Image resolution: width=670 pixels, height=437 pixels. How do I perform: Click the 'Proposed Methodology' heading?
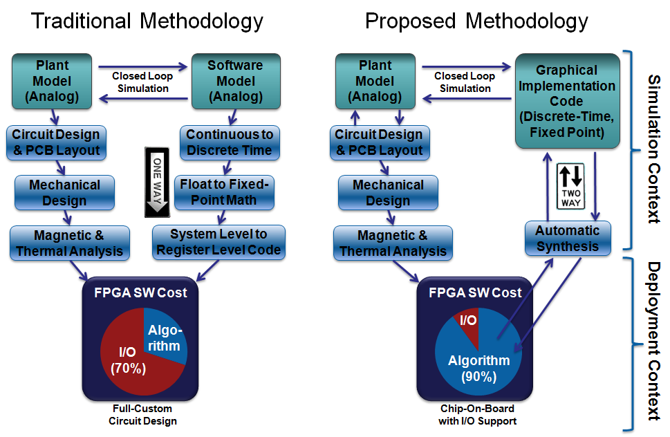point(476,21)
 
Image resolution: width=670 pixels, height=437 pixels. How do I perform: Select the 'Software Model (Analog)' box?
point(235,81)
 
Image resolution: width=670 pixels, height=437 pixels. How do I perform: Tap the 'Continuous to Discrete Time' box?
point(230,142)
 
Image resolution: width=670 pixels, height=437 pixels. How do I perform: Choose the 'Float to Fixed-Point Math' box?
point(223,192)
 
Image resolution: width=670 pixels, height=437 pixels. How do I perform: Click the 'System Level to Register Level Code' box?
point(218,241)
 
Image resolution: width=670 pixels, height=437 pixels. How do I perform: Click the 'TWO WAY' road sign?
point(571,186)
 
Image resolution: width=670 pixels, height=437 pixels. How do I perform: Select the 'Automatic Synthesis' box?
point(568,238)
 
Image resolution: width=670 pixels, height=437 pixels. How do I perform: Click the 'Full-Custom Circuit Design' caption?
point(143,415)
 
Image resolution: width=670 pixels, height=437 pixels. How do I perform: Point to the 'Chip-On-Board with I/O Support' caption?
point(477,415)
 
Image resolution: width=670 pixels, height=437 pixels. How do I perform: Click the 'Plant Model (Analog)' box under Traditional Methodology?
point(52,81)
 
